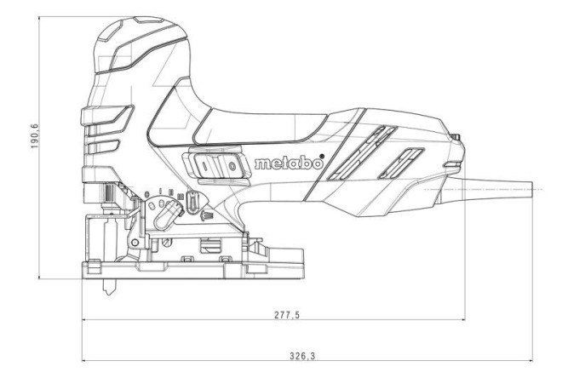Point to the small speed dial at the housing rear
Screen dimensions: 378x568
pos(456,136)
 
